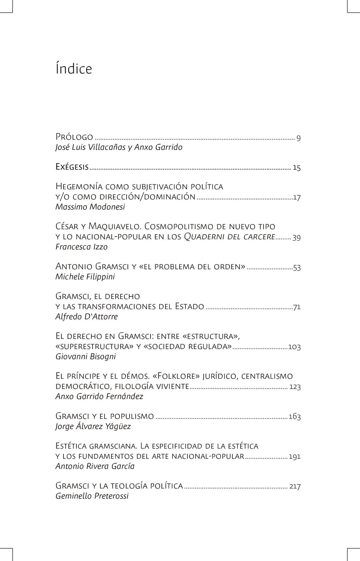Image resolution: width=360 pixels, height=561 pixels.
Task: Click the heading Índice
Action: click(74, 69)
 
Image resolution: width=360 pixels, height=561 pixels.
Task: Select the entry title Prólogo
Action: click(74, 137)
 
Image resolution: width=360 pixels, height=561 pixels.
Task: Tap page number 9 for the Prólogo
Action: click(298, 138)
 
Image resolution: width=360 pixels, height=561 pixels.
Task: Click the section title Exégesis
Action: click(72, 167)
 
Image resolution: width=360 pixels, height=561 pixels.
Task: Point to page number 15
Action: click(297, 168)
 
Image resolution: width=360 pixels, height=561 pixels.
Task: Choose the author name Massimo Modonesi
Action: click(90, 207)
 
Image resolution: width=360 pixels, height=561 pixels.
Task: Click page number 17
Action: click(297, 198)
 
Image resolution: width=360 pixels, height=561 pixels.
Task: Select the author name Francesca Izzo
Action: click(82, 247)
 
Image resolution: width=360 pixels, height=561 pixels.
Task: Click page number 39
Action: click(297, 237)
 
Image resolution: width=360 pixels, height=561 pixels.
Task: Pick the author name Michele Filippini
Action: click(85, 277)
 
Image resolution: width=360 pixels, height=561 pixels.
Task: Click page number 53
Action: click(297, 268)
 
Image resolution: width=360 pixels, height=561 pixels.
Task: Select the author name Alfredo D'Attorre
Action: click(87, 316)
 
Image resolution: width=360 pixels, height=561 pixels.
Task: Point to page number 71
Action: click(297, 307)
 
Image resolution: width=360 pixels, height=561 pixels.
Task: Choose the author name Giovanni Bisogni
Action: click(86, 357)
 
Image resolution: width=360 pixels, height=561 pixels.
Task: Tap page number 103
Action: click(295, 347)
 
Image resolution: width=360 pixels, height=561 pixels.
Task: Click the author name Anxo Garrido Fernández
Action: click(99, 396)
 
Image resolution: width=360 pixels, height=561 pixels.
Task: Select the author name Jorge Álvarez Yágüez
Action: click(93, 426)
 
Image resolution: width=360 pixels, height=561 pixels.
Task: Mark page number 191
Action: click(295, 457)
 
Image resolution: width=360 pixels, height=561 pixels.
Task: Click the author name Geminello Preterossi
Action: click(92, 496)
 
